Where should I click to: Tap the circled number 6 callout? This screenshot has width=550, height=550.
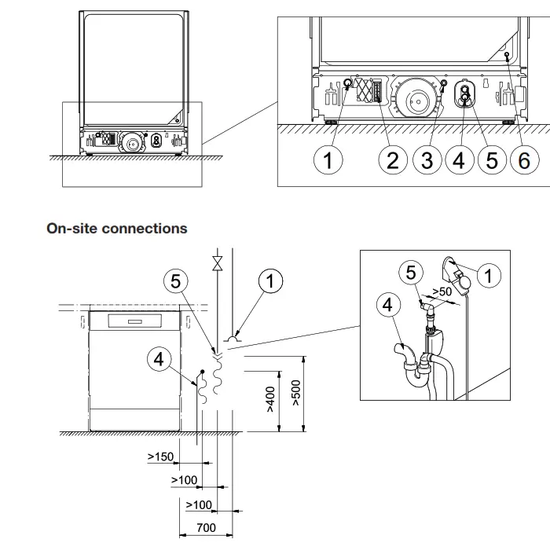(x=524, y=160)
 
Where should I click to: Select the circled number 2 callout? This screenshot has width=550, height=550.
(x=393, y=160)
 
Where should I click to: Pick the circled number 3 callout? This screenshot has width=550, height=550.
(x=427, y=160)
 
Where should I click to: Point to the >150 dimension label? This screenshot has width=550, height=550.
(x=160, y=456)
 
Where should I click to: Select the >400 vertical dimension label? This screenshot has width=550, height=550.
(x=269, y=400)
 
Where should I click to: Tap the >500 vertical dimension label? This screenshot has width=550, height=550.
(x=295, y=394)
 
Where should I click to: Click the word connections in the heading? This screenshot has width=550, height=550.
(x=148, y=229)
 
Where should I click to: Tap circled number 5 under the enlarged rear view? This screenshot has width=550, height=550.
(x=492, y=160)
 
